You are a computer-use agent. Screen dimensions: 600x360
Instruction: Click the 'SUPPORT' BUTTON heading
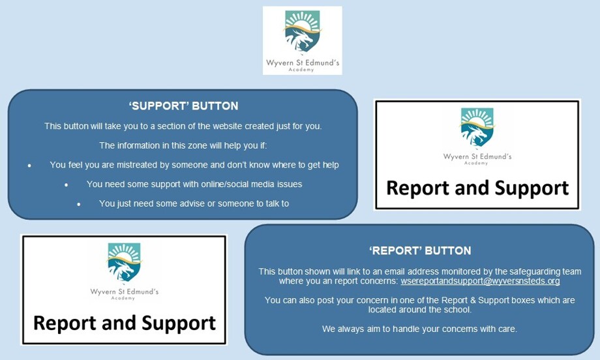coord(184,106)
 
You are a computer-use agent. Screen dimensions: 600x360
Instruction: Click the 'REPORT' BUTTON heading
coord(420,251)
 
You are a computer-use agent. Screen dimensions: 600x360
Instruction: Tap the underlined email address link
coord(480,281)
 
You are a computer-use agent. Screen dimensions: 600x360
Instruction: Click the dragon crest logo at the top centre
coord(303,31)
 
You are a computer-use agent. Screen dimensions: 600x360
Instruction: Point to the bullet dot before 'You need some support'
coord(67,185)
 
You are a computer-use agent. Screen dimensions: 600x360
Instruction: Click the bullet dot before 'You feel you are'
coord(29,166)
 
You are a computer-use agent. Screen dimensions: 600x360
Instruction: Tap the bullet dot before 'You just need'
coord(78,204)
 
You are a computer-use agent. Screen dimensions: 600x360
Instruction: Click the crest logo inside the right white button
coord(477,127)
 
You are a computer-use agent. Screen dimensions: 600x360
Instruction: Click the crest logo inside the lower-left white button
coord(124,262)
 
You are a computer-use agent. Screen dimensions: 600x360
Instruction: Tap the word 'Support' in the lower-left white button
coord(179,323)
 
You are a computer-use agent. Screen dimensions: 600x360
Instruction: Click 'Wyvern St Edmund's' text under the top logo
coord(303,63)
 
